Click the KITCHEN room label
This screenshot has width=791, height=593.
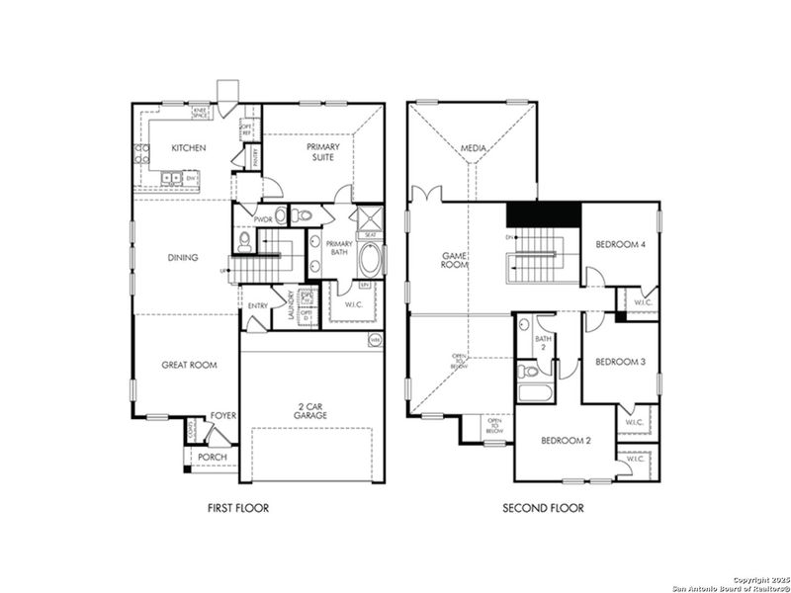(188, 148)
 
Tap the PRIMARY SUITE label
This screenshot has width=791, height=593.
(322, 152)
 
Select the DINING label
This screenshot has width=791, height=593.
(183, 258)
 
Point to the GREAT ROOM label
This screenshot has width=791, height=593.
(189, 365)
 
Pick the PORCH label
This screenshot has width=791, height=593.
(213, 457)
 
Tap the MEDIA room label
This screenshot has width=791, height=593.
(474, 150)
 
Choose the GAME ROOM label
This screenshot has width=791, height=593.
(454, 259)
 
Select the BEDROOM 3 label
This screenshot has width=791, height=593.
(620, 362)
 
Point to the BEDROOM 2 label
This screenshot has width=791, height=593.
(566, 440)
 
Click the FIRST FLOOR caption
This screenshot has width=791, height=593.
(238, 508)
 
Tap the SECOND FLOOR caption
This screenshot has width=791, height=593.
(543, 508)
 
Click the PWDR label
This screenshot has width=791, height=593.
(263, 219)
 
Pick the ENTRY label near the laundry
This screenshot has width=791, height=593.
(259, 305)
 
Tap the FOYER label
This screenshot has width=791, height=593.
(224, 416)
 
